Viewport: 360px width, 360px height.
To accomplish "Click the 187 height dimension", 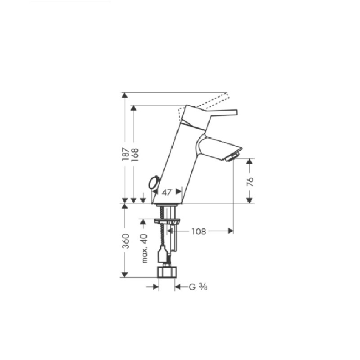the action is tap(125, 154).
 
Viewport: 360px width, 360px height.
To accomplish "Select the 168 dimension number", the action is tap(135, 155).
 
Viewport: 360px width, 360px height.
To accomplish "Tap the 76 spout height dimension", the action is tap(250, 181).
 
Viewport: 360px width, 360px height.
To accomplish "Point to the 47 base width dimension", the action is tap(166, 192).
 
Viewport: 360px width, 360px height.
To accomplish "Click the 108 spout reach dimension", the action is tap(199, 231).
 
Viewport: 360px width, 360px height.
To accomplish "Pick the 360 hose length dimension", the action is tap(126, 241).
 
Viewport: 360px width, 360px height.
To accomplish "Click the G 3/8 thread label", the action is tap(198, 287).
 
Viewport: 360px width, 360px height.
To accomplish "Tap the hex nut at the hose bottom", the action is tap(167, 272).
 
